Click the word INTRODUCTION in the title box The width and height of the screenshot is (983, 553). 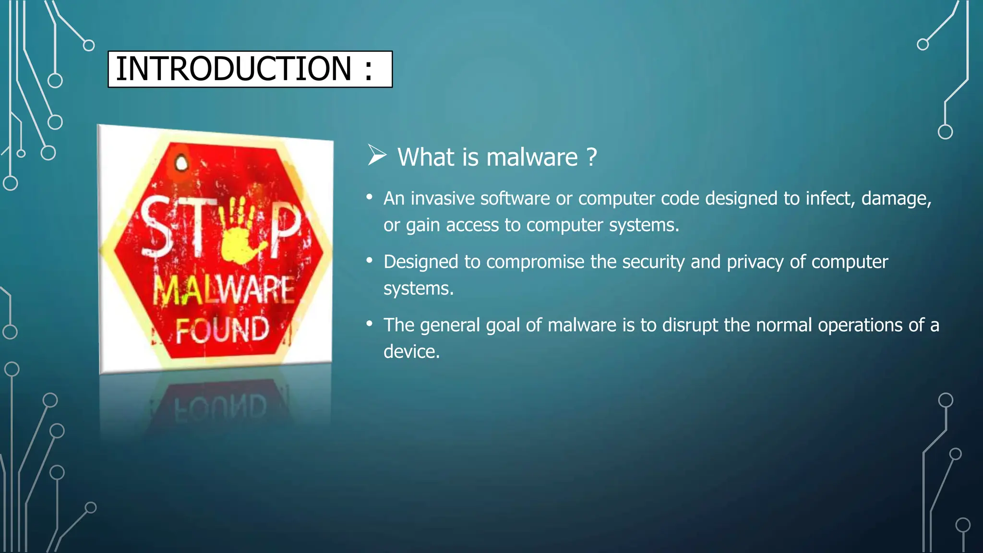234,69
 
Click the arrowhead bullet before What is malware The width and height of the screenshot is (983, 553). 377,155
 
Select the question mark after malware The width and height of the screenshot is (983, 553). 592,157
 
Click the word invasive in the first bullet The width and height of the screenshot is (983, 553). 442,199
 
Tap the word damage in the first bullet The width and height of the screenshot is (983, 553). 896,199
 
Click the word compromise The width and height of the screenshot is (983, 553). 535,262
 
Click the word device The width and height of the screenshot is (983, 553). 411,352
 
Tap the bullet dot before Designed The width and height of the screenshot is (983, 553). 369,261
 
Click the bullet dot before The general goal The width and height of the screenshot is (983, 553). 369,324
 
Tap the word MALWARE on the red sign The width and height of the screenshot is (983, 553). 224,290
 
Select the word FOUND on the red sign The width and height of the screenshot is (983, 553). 222,330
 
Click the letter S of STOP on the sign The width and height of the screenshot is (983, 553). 156,226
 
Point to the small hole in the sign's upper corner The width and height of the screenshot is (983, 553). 181,163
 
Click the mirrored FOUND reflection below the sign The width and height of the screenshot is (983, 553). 220,408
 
